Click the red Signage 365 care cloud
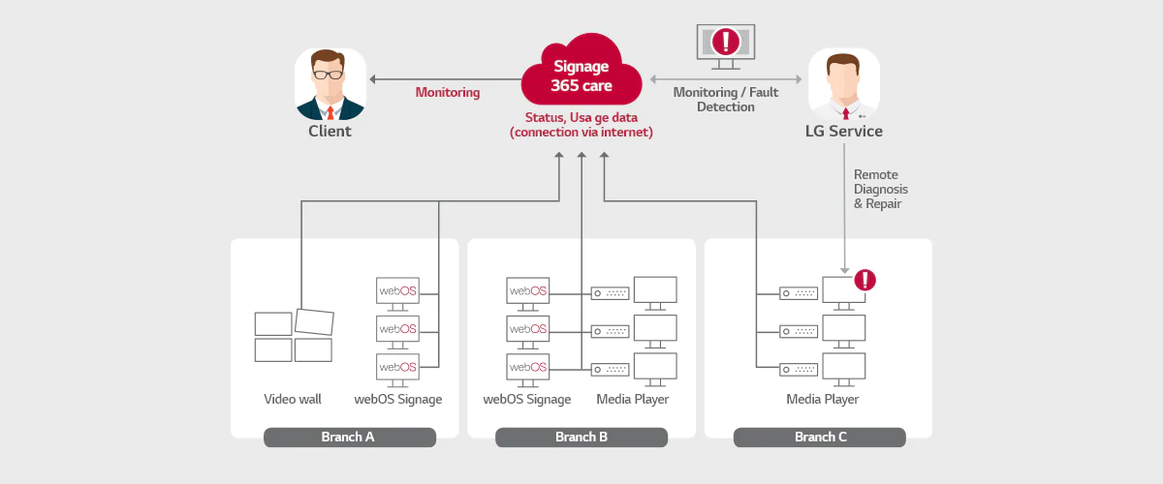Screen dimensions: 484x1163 tap(581, 76)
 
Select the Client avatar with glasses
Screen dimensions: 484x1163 tap(330, 84)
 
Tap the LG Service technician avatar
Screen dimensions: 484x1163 tap(843, 84)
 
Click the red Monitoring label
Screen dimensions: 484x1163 tap(448, 93)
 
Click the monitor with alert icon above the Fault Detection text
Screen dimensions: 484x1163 tap(726, 46)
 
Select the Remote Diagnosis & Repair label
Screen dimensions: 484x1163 tap(880, 190)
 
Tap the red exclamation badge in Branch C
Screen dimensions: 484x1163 tap(865, 281)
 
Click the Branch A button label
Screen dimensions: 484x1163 tap(349, 438)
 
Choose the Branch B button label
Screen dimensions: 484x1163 tap(581, 438)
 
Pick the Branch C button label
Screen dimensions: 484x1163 tap(820, 438)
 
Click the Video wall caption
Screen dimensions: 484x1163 tap(292, 399)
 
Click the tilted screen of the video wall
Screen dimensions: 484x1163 tap(314, 321)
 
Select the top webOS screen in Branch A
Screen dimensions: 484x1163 tap(397, 291)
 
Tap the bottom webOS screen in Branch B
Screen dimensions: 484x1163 tap(528, 368)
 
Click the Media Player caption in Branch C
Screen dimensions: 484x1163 tap(822, 399)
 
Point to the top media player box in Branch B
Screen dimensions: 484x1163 tap(611, 292)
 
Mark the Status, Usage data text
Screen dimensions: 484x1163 tap(581, 124)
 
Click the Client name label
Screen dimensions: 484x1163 tap(330, 132)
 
